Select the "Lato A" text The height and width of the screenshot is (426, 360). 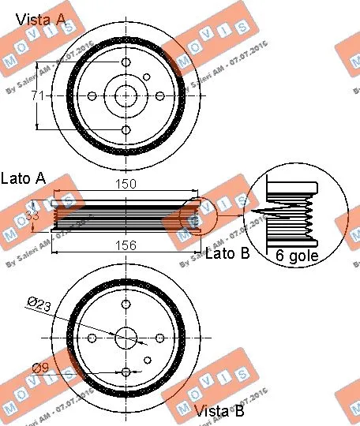click(x=24, y=178)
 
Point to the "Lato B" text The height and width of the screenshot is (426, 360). click(x=227, y=254)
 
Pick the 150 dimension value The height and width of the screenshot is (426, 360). click(x=127, y=184)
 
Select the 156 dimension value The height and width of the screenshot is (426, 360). click(x=127, y=245)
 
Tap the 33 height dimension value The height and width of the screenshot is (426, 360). click(x=33, y=215)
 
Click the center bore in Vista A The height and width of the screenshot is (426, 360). click(x=126, y=95)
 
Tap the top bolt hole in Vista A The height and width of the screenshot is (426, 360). click(x=126, y=62)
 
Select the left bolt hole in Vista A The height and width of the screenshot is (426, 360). click(x=92, y=95)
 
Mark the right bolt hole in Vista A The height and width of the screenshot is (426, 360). click(x=160, y=95)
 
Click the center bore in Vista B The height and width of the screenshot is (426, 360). click(x=126, y=338)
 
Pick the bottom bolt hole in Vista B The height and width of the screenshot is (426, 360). click(x=126, y=372)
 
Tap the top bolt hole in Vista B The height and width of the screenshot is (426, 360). click(x=126, y=304)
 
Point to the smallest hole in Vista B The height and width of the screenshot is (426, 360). click(x=148, y=361)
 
